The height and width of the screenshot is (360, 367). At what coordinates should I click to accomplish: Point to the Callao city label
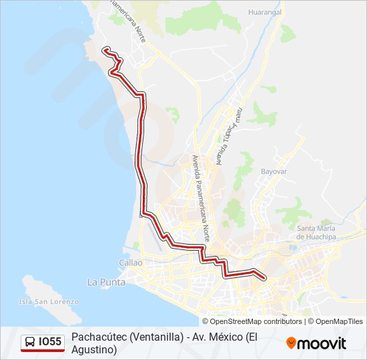click(131, 263)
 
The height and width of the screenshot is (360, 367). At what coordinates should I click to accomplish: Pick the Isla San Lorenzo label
click(49, 301)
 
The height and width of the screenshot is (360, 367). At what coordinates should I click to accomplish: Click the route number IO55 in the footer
click(50, 343)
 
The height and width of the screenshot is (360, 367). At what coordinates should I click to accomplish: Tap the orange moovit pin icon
click(291, 343)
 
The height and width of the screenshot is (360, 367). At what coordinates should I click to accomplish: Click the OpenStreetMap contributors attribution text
click(252, 321)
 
